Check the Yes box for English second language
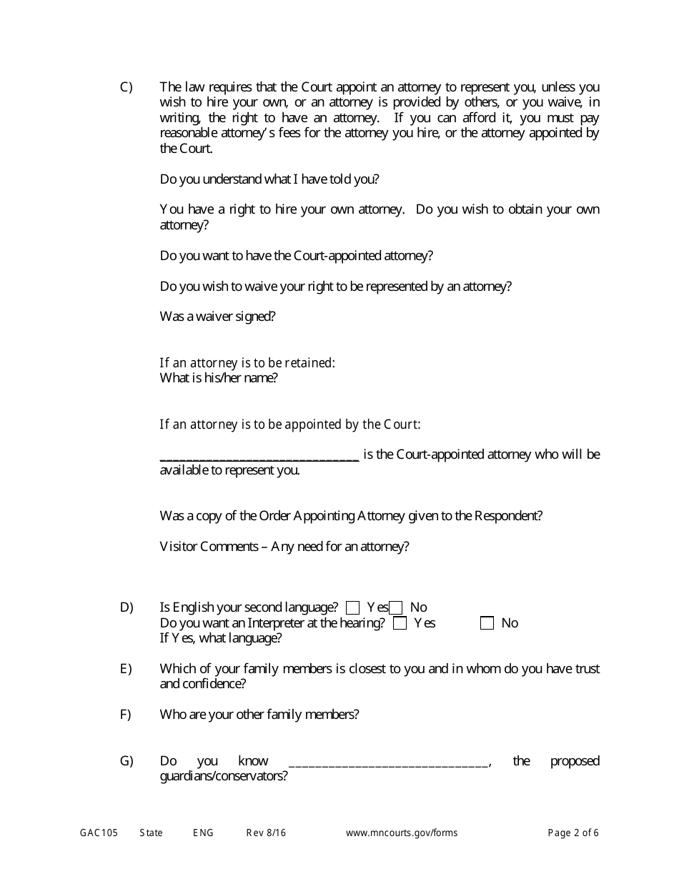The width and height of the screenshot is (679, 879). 352,608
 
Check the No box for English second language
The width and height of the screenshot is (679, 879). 396,608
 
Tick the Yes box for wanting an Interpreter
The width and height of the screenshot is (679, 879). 400,623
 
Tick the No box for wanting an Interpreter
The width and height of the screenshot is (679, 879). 487,623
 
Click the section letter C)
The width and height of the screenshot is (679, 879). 127,87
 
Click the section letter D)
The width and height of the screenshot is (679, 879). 127,607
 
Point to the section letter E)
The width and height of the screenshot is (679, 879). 127,669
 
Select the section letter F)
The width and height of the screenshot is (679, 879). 126,715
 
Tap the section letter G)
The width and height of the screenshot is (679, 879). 127,761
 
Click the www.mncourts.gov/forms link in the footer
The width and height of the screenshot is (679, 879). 402,833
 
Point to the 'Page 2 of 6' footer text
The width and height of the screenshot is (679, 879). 573,833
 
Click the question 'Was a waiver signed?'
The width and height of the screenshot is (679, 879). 217,317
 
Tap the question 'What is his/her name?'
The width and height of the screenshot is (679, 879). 219,378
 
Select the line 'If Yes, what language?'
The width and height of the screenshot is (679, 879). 220,638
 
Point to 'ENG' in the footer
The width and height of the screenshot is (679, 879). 203,833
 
